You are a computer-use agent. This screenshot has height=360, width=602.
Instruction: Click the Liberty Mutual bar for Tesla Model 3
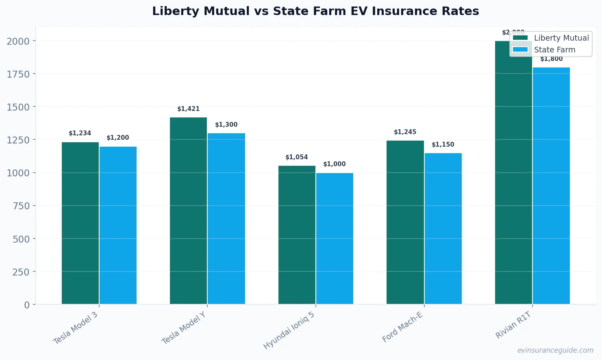tap(80, 223)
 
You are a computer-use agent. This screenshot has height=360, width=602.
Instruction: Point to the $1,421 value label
tap(188, 109)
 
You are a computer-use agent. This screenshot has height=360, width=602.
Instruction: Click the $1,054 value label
tap(296, 157)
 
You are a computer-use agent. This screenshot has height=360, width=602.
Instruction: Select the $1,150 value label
tap(443, 145)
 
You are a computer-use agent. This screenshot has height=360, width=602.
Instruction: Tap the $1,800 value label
tap(551, 59)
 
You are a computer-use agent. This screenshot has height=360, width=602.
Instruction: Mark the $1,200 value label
tap(117, 138)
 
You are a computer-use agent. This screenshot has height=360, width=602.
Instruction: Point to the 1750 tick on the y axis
tap(18, 74)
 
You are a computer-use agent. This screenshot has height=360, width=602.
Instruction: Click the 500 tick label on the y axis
tap(21, 239)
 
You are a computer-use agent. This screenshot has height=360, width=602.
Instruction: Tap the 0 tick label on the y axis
tap(27, 305)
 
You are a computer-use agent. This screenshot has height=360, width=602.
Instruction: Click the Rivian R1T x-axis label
tap(513, 325)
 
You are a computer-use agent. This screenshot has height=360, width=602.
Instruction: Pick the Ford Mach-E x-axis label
tap(402, 327)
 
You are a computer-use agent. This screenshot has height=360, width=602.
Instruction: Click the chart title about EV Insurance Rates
tap(315, 11)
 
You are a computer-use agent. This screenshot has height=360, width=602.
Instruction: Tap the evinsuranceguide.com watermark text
tap(555, 350)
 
